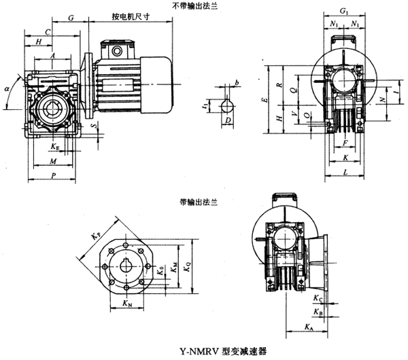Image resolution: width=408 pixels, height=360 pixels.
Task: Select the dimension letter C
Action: (48, 31)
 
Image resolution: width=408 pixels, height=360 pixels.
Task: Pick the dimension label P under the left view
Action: (54, 175)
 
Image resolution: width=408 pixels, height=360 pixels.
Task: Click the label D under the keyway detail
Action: (228, 120)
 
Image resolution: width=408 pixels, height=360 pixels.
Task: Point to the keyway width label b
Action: (237, 82)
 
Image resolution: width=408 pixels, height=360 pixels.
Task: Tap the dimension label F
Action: (347, 143)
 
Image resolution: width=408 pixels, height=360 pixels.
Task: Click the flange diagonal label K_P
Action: (95, 235)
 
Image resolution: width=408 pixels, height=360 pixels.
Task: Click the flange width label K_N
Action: (129, 303)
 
